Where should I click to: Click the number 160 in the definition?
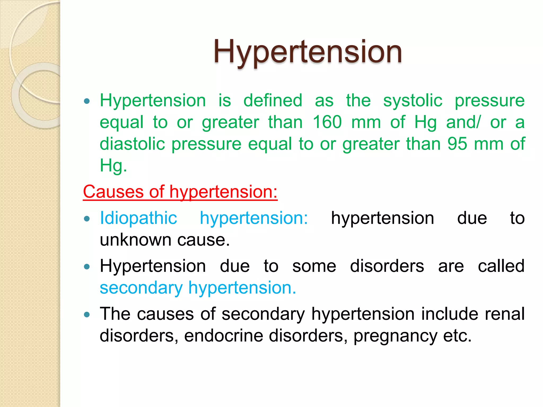coord(327,122)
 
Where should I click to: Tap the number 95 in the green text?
coord(457,144)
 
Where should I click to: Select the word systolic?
coord(413,101)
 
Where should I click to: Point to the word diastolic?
coord(132,144)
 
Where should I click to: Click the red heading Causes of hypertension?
coord(180,192)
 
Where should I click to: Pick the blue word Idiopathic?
coord(138,218)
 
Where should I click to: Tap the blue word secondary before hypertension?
coord(141,288)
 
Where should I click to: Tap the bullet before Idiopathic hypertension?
coord(87,219)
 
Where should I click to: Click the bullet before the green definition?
coord(87,101)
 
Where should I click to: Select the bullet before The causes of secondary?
coord(87,315)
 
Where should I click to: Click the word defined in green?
coord(273,101)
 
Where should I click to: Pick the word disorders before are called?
coord(387,266)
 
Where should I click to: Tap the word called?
coord(501,266)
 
